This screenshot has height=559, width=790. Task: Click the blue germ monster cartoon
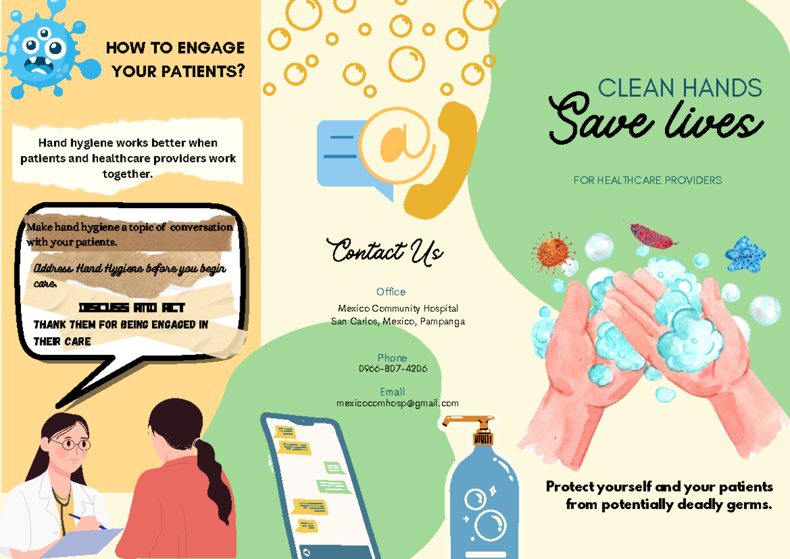pos(41,53)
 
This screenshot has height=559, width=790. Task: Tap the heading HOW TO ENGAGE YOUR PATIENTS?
pos(175,59)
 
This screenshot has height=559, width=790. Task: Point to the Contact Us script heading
pos(386,252)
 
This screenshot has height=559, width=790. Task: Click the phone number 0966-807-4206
pos(392,369)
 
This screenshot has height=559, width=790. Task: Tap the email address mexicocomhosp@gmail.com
pos(397,403)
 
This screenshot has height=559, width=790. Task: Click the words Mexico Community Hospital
pos(398,308)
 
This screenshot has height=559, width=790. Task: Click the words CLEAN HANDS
pos(679,88)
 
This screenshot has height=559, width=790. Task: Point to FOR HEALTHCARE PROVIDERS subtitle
pos(647,180)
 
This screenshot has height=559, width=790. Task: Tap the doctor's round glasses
pos(70,444)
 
